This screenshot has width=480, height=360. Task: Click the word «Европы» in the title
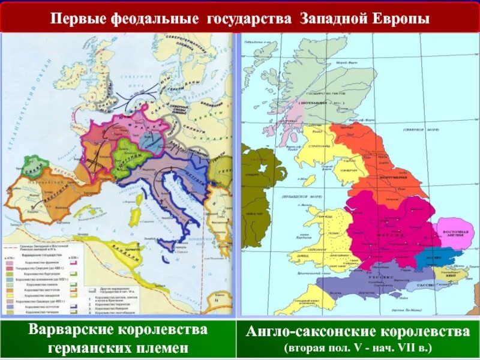[399, 19]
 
